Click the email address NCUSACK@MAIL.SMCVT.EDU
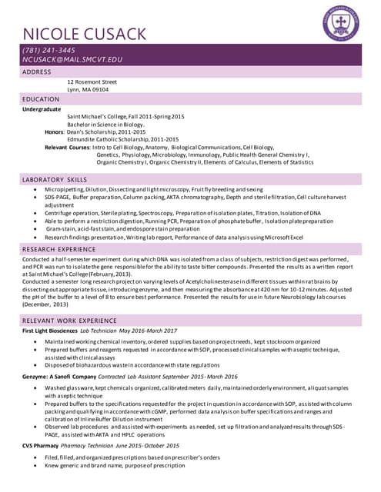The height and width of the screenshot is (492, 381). click(72, 60)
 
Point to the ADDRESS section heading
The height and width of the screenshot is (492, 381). click(37, 71)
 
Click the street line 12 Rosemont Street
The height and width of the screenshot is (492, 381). click(92, 81)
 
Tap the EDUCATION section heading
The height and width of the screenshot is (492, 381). click(41, 100)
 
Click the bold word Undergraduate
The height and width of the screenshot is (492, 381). click(42, 109)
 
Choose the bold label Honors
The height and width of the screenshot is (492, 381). click(53, 131)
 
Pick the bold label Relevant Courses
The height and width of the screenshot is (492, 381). click(67, 147)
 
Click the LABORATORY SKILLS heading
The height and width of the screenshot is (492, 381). click(55, 179)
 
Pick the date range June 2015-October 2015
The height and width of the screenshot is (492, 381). click(150, 446)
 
